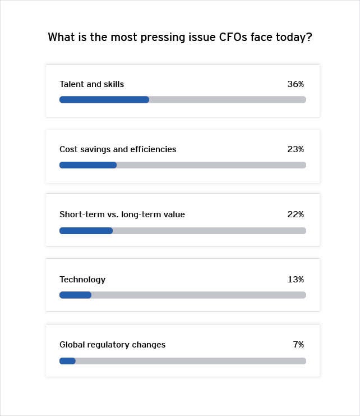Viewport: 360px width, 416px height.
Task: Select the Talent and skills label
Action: pyautogui.click(x=92, y=84)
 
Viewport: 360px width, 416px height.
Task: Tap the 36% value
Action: pyautogui.click(x=296, y=84)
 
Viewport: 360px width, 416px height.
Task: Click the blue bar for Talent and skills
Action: pyautogui.click(x=104, y=99)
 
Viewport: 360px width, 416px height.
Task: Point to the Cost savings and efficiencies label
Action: pyautogui.click(x=118, y=149)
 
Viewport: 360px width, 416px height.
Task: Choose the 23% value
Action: pyautogui.click(x=296, y=149)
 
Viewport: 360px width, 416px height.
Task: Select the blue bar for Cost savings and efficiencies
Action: pyautogui.click(x=88, y=165)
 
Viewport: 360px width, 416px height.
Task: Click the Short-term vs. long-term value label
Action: pyautogui.click(x=122, y=214)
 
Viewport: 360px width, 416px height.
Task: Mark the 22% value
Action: pyautogui.click(x=296, y=214)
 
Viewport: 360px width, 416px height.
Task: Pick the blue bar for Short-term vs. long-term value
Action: pyautogui.click(x=86, y=230)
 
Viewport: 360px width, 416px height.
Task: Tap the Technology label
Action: pyautogui.click(x=82, y=280)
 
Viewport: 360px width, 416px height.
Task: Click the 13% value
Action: pyautogui.click(x=296, y=280)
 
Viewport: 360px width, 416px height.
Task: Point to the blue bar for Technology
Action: pyautogui.click(x=75, y=295)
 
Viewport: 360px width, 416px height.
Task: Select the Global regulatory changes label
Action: pyautogui.click(x=113, y=345)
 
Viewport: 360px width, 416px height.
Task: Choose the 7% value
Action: pyautogui.click(x=298, y=345)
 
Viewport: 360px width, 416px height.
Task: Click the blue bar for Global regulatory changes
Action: pyautogui.click(x=67, y=360)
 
